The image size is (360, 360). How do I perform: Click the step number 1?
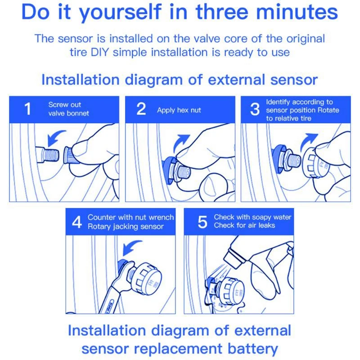pos(28,108)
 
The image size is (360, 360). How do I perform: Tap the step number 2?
pos(141,108)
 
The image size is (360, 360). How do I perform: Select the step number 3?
pos(255,109)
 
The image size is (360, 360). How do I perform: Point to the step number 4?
pos(76,222)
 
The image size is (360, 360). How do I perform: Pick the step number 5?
pos(202,222)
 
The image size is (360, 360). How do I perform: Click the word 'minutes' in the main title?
pos(297,12)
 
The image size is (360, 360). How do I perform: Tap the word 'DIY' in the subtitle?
pos(99,52)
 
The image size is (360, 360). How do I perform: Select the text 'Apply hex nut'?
pos(179,110)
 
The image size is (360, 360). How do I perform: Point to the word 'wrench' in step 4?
pos(161,217)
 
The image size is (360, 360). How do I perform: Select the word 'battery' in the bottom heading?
pos(252,348)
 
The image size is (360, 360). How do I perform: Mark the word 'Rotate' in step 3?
pos(328,110)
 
